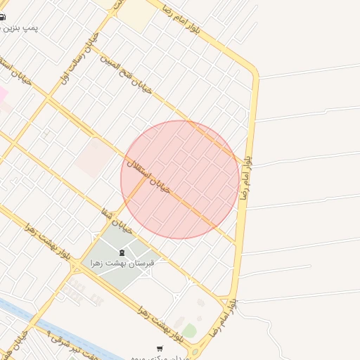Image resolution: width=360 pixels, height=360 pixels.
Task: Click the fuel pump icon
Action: [4, 18]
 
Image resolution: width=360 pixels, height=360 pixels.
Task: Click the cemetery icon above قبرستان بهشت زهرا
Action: [122, 252]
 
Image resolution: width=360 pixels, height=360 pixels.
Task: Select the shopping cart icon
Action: [160, 349]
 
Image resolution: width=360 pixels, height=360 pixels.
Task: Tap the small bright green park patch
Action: [189, 330]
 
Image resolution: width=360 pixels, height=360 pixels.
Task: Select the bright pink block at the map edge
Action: [3, 94]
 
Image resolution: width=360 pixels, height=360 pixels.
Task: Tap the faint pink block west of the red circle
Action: [94, 156]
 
